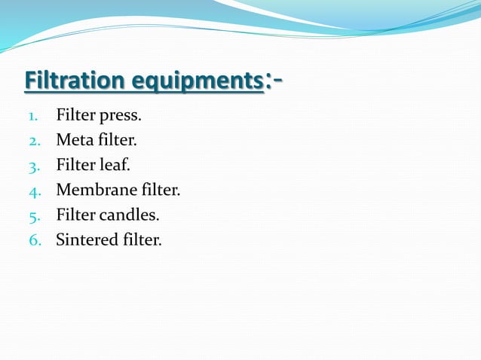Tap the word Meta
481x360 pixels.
pos(73,141)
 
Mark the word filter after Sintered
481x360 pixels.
pos(140,240)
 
